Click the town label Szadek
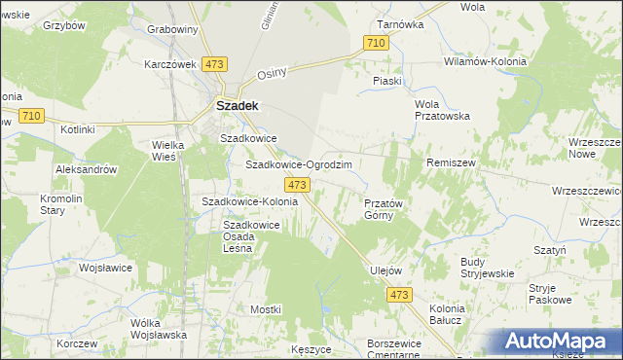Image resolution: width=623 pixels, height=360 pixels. point(236,105)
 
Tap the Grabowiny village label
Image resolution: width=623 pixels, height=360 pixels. point(172,29)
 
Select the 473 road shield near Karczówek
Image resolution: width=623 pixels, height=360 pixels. point(215,63)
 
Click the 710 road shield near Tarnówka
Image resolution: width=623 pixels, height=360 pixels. point(376,43)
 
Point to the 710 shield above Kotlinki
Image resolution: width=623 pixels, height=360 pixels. point(30,116)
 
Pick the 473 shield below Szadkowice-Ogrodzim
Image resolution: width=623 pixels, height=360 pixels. point(298,185)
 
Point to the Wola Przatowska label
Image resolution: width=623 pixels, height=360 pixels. point(442,109)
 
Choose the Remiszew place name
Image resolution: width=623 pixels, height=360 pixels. point(451,162)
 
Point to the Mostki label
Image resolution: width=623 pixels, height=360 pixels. point(266,308)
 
